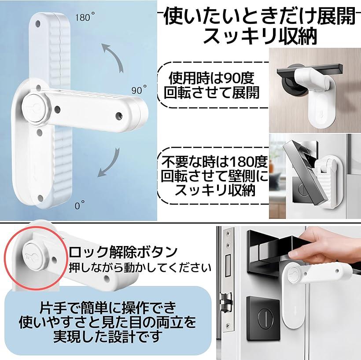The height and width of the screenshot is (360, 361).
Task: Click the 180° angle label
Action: point(85,17)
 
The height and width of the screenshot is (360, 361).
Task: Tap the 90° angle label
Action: point(139,90)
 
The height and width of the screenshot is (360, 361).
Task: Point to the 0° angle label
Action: point(80,205)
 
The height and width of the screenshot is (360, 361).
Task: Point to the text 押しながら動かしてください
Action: point(140,268)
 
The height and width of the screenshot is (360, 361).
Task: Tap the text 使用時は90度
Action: point(212,78)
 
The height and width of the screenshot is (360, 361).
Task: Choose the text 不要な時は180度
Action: point(214,162)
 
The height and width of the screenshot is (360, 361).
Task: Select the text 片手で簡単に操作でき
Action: point(108,308)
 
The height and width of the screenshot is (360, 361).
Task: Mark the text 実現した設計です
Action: point(107,337)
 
